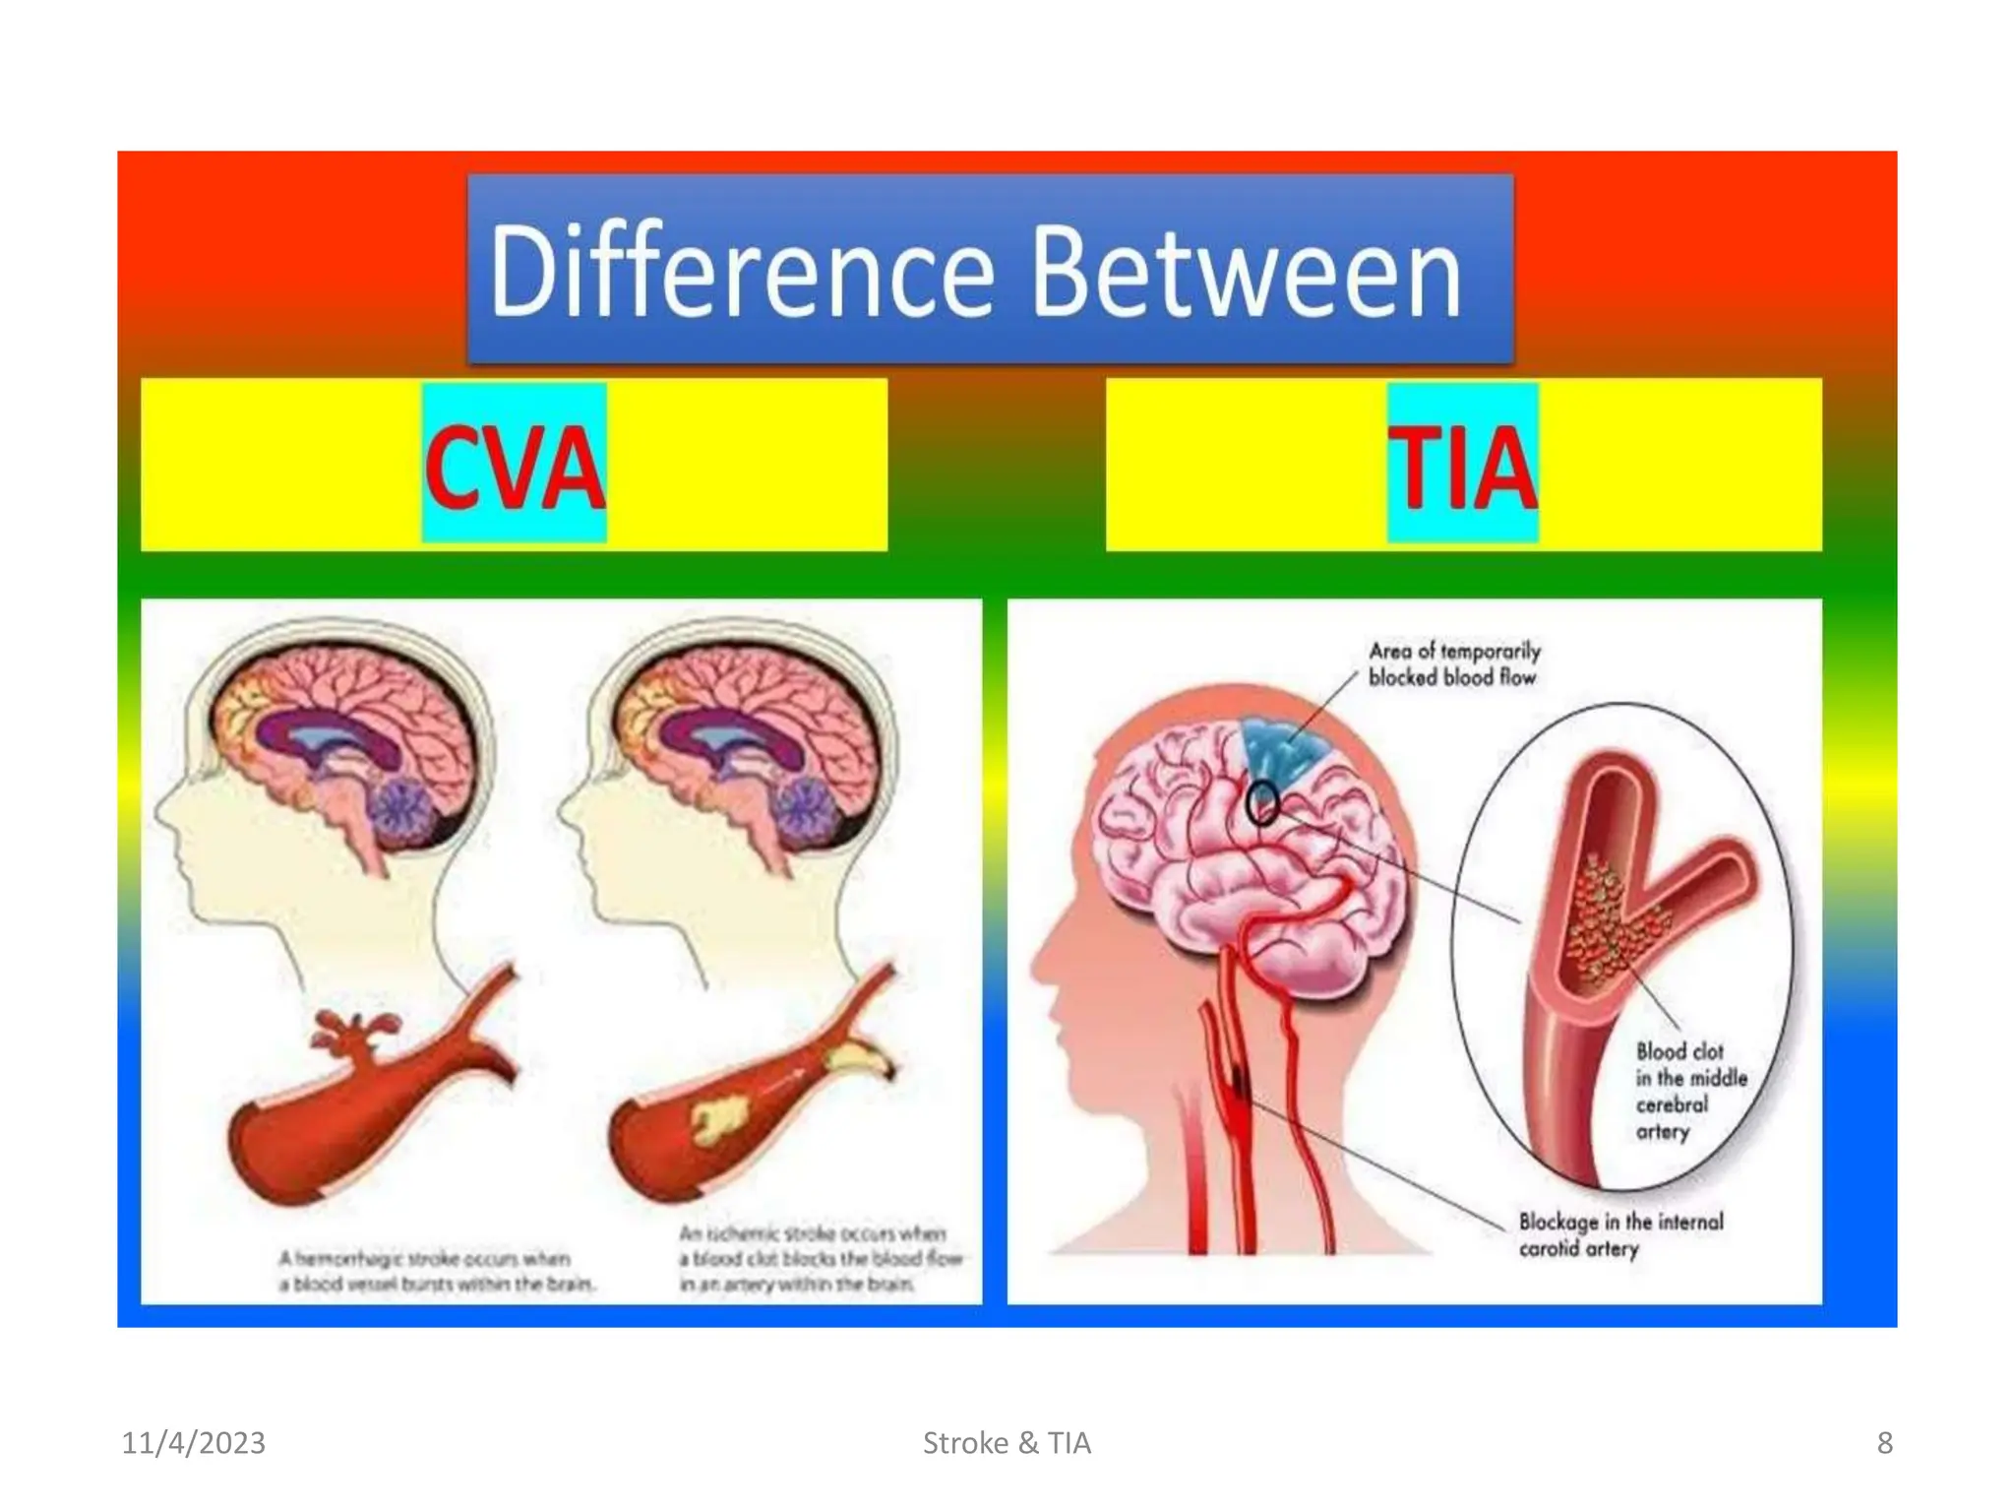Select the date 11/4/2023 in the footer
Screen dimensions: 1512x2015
click(x=193, y=1443)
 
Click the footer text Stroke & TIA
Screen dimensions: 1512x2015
click(x=1007, y=1443)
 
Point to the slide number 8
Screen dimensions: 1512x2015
click(x=1884, y=1443)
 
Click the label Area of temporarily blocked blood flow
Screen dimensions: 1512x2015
click(x=1453, y=663)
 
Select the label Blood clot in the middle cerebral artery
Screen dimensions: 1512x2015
click(x=1689, y=1091)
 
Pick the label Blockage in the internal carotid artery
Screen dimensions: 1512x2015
click(x=1618, y=1234)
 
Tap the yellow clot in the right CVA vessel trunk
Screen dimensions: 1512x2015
click(x=719, y=1120)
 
